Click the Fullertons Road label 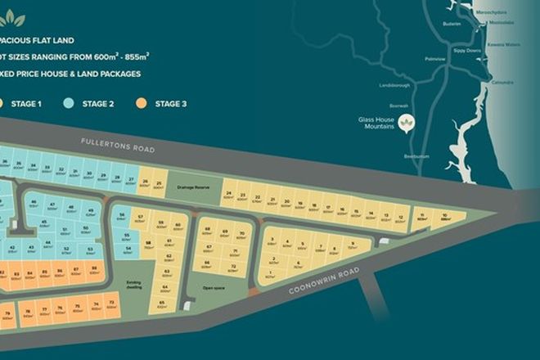pos(118,145)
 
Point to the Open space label pos(214,287)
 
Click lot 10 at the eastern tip pos(445,217)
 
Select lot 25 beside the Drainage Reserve pos(159,184)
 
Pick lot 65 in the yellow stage pos(163,304)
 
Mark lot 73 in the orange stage pos(111,304)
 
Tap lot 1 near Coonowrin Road pos(270,274)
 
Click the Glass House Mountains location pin pos(407,123)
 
